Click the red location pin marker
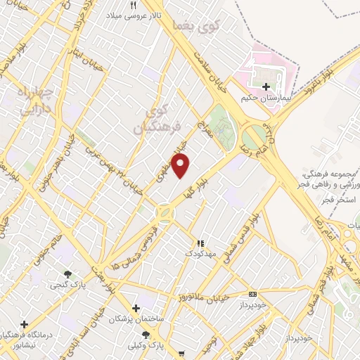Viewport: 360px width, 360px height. (181, 166)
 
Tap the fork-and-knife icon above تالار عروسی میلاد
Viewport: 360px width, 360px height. (133, 5)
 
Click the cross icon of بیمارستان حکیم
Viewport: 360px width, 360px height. (266, 87)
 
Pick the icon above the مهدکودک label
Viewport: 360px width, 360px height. (199, 242)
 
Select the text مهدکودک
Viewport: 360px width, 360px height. (200, 252)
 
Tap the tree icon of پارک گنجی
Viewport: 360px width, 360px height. (68, 274)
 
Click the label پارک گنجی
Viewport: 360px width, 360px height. (64, 285)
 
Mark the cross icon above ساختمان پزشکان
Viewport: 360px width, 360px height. (136, 308)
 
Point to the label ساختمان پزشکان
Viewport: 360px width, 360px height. (136, 319)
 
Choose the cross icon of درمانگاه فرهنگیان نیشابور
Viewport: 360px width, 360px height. (25, 324)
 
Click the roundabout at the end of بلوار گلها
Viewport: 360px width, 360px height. (165, 212)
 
